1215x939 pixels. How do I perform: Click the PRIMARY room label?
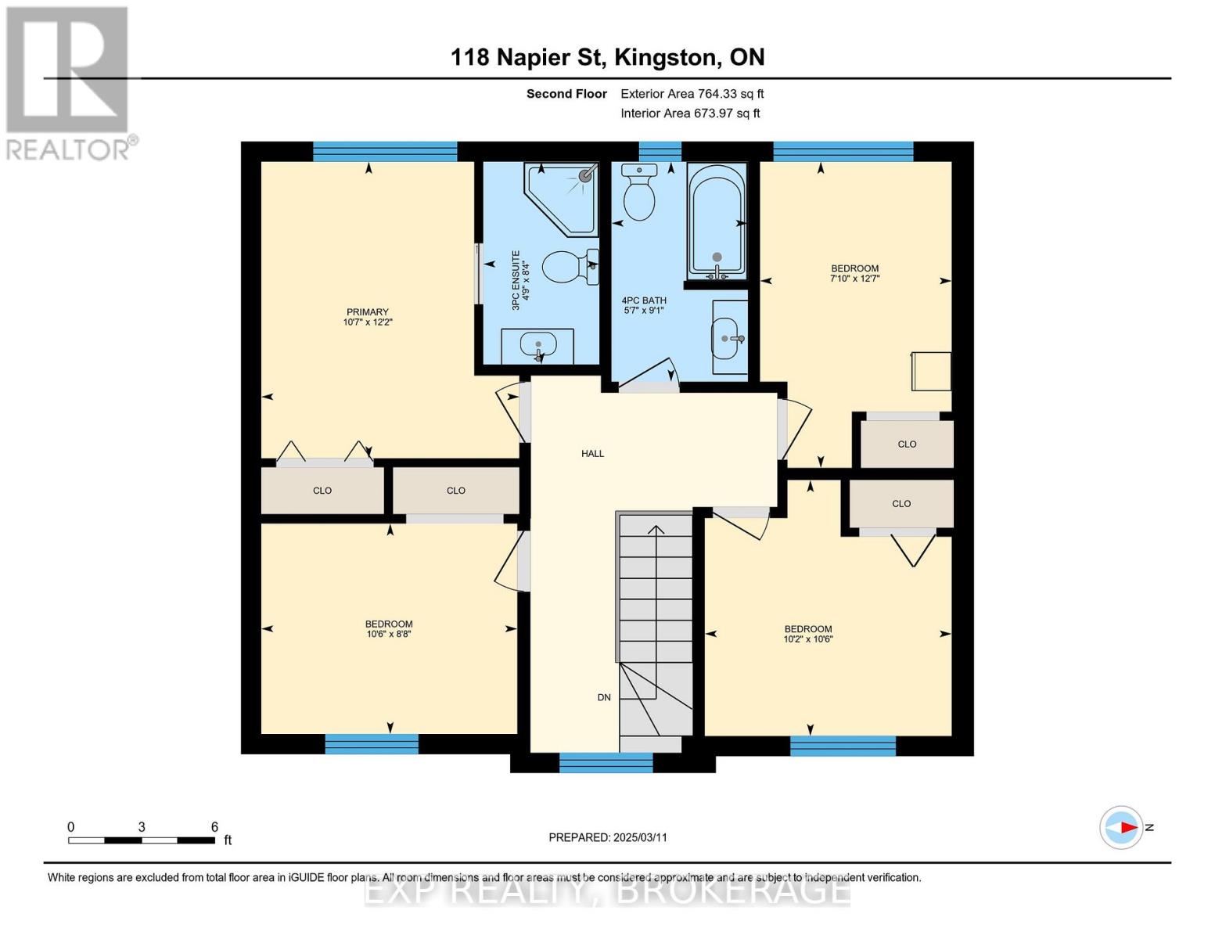pos(367,312)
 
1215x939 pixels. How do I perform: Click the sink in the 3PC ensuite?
pos(537,344)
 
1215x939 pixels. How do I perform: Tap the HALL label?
pos(592,454)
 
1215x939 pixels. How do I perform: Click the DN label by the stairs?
pos(604,697)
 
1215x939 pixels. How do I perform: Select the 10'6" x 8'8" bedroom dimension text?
pos(389,635)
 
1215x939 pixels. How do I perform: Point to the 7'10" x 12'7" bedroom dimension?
pos(854,279)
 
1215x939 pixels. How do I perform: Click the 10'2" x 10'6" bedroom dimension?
pos(808,639)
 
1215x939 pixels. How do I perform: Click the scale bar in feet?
pos(142,840)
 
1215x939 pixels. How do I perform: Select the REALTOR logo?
pos(69,82)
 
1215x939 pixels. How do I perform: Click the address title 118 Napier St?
pos(607,57)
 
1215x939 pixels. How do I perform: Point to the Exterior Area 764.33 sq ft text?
pos(692,94)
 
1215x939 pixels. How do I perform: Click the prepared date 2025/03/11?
pos(608,837)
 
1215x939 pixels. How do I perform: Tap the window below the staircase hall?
pos(606,762)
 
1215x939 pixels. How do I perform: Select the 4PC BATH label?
pos(643,300)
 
